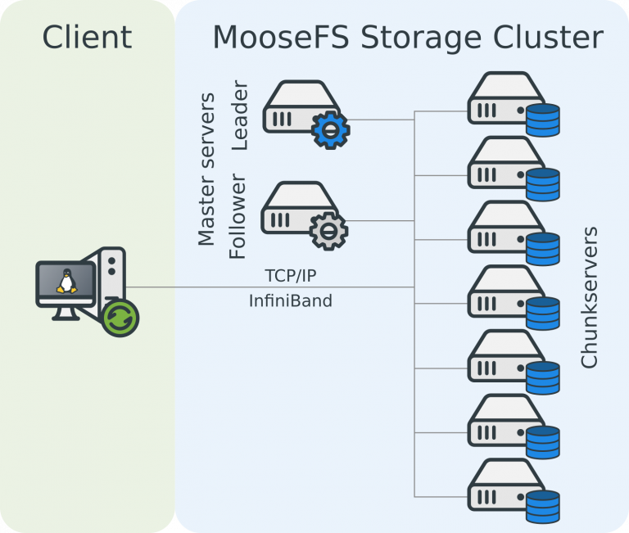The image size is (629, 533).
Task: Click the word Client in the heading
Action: coord(87,37)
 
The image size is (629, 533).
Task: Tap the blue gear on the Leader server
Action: coord(330,129)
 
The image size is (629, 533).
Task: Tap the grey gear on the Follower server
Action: coord(328,230)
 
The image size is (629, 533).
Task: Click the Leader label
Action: coord(239,115)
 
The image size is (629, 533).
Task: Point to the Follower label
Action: coord(238,216)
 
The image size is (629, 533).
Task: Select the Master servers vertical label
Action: coord(207,169)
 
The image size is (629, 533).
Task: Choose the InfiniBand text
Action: coord(291,300)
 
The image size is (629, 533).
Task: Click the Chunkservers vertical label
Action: coord(589,298)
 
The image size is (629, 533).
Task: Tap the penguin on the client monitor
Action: coord(66,282)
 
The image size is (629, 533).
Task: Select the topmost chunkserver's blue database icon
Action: coord(542,120)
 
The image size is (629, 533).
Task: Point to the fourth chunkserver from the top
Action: coord(500,291)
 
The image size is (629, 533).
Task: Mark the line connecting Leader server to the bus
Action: coord(382,120)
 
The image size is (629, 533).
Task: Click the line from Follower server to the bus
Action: coord(381,220)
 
